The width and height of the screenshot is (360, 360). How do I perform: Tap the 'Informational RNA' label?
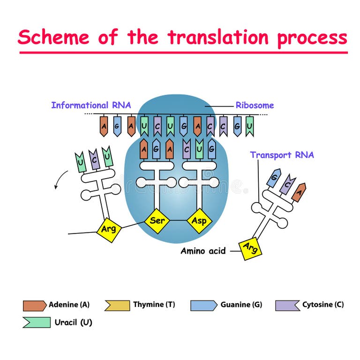91,105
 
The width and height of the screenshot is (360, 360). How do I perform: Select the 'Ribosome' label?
255,105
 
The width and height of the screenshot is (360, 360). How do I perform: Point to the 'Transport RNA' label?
282,155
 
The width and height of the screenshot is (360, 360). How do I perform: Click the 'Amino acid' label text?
203,251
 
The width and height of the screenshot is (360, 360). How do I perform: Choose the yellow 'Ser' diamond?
157,220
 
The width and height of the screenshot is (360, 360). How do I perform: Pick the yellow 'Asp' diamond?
199,220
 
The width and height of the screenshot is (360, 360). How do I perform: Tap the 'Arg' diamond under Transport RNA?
250,247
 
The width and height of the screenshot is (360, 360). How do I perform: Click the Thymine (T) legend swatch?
117,306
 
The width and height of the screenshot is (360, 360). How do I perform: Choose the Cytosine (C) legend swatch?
288,306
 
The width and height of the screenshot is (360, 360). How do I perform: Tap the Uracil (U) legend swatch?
36,322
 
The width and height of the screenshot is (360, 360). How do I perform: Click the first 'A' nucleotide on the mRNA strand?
104,126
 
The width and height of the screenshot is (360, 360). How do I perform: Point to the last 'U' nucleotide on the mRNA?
250,126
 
